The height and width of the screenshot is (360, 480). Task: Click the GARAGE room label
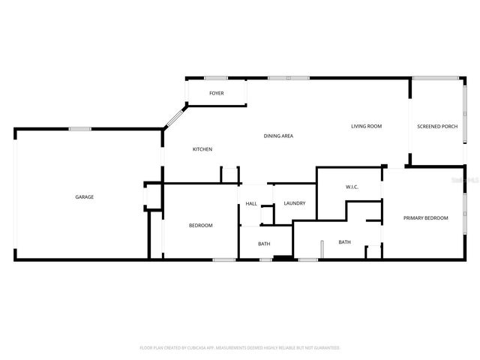pyautogui.click(x=84, y=197)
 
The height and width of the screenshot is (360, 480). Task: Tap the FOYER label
pyautogui.click(x=216, y=94)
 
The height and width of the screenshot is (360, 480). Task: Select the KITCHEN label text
pyautogui.click(x=202, y=149)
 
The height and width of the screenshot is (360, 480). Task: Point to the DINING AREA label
pyautogui.click(x=277, y=136)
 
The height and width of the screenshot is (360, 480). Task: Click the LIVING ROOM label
pyautogui.click(x=367, y=126)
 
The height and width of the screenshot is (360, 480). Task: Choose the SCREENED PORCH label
pyautogui.click(x=437, y=126)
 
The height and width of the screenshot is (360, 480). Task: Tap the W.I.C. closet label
pyautogui.click(x=352, y=187)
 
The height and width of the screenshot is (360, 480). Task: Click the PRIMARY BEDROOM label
pyautogui.click(x=425, y=218)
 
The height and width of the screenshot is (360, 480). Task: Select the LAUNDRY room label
pyautogui.click(x=294, y=203)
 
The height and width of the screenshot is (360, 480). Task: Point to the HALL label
pyautogui.click(x=251, y=203)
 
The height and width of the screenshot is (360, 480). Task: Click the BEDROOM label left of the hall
pyautogui.click(x=200, y=226)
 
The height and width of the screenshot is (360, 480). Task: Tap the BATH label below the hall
pyautogui.click(x=264, y=244)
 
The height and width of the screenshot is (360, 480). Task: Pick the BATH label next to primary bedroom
pyautogui.click(x=344, y=242)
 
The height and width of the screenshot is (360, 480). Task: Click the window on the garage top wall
pyautogui.click(x=80, y=129)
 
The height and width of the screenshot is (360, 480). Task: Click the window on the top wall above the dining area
pyautogui.click(x=289, y=78)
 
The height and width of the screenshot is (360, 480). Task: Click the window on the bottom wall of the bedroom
pyautogui.click(x=224, y=260)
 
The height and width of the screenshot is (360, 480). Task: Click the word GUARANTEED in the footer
pyautogui.click(x=324, y=348)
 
